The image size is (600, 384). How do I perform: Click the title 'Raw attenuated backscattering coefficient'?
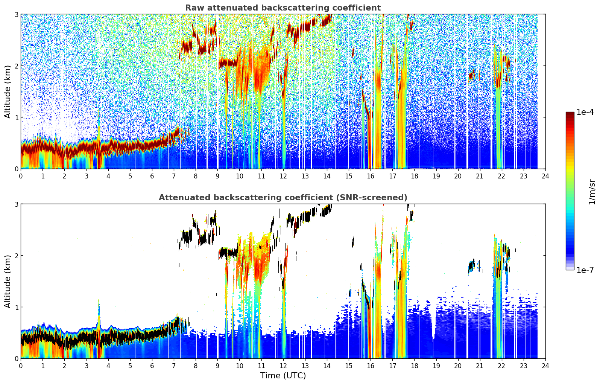[x=283, y=8]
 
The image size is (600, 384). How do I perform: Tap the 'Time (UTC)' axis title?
[x=283, y=376]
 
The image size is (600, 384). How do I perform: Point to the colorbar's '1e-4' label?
[x=585, y=112]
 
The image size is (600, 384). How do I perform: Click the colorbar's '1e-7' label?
[x=585, y=270]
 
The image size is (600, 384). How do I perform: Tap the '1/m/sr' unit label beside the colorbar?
[x=592, y=192]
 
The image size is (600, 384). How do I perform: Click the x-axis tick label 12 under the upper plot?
[x=283, y=176]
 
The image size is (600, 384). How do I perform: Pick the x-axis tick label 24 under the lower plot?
[x=545, y=366]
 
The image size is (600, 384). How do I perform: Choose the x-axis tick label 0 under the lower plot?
[x=21, y=366]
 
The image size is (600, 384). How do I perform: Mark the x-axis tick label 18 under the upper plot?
[x=415, y=176]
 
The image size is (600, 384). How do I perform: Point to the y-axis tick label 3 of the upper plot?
[x=16, y=14]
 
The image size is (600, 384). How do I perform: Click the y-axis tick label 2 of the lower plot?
[x=16, y=255]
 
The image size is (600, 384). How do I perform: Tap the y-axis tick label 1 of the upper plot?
[x=16, y=117]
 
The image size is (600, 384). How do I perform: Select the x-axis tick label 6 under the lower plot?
[x=152, y=366]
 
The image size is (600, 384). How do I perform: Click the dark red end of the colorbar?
[x=570, y=114]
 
